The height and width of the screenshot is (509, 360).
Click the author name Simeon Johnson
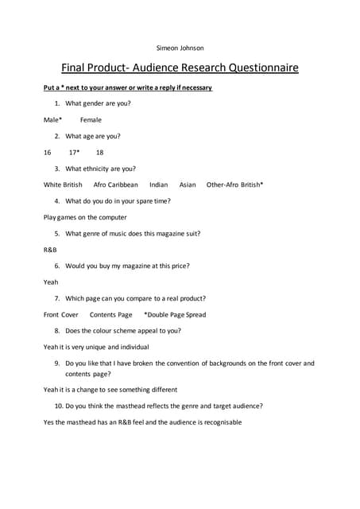click(180, 47)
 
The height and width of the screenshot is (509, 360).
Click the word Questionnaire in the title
click(253, 68)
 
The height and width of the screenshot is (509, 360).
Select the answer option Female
click(91, 119)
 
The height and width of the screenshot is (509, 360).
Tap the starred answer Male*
click(53, 119)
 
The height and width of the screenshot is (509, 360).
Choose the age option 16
click(48, 152)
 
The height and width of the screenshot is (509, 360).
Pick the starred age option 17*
click(74, 152)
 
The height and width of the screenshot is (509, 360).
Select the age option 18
click(99, 152)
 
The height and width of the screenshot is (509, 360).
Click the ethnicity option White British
click(63, 185)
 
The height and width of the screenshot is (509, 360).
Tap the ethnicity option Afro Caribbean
click(115, 185)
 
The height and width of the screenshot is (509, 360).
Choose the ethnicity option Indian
click(158, 185)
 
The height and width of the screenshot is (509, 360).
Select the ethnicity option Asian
click(188, 185)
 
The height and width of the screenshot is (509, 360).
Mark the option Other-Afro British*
click(234, 185)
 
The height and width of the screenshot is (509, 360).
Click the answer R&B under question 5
click(50, 249)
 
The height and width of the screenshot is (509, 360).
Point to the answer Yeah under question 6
click(51, 282)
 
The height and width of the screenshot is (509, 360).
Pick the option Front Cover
click(61, 314)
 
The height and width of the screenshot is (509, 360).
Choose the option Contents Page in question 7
click(110, 314)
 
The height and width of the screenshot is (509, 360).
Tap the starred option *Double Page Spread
click(175, 314)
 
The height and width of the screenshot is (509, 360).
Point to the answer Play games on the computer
click(85, 217)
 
